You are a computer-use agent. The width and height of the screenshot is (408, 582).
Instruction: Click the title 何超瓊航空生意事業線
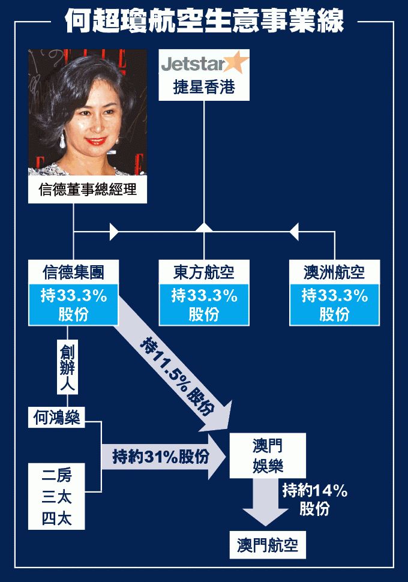point(204,22)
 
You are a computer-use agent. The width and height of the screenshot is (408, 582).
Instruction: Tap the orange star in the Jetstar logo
point(236,62)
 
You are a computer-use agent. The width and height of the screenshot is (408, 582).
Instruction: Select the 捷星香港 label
point(204,88)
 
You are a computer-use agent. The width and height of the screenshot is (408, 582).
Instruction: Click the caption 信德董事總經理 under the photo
point(88,190)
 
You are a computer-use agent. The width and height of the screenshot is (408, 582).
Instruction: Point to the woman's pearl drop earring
point(63,142)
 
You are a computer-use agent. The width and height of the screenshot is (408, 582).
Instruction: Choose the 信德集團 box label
point(74,272)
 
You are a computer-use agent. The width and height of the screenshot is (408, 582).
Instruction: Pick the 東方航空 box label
point(204,272)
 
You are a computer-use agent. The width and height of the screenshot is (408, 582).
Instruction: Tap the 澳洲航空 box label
point(334,272)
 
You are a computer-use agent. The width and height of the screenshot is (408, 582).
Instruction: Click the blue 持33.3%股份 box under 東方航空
point(204,304)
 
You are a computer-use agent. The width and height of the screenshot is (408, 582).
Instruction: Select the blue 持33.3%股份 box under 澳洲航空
point(334,304)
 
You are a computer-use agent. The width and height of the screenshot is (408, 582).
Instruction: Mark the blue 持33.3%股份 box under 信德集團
point(74,304)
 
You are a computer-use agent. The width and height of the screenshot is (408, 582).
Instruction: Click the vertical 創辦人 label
point(67,367)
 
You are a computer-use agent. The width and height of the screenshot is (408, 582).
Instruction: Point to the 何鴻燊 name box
point(56,418)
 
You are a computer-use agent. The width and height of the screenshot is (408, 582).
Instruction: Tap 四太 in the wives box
point(56,518)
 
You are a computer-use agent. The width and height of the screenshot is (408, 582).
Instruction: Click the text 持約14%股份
point(315,499)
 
